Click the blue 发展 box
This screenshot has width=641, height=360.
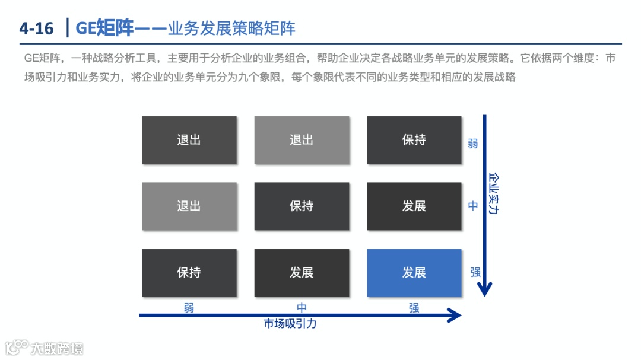point(414,273)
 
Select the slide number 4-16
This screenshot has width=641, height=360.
point(36,28)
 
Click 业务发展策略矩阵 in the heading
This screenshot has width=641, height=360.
point(231,28)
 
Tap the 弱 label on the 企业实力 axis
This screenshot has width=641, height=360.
point(472,144)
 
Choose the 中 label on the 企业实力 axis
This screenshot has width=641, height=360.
point(472,206)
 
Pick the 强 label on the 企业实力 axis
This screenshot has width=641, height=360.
point(475,272)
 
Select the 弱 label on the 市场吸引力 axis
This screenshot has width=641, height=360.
point(189,308)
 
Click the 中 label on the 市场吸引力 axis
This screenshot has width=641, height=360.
point(302,308)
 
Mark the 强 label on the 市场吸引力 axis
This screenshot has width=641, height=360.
point(414,308)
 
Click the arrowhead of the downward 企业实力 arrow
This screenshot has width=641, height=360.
point(485,289)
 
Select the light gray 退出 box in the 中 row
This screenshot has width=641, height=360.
point(189,206)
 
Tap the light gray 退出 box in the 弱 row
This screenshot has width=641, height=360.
point(302,140)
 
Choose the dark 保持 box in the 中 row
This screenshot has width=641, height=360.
point(302,206)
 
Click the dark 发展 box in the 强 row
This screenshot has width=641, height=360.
point(302,273)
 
